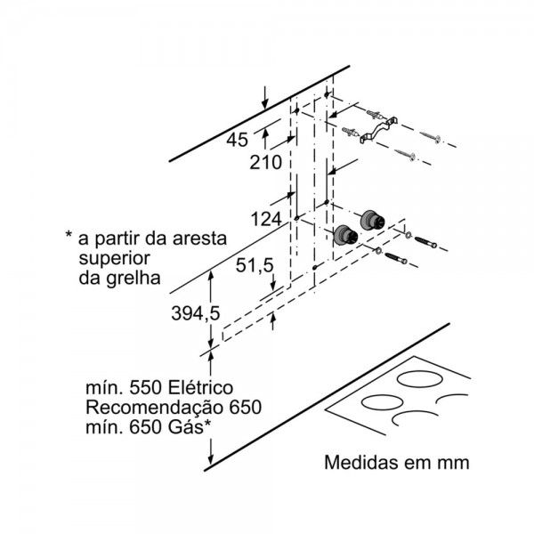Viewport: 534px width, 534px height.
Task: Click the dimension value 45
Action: click(237, 140)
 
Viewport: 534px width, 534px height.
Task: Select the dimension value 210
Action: click(265, 162)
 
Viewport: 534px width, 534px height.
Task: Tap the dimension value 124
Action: click(266, 219)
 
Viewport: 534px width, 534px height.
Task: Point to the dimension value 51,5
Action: click(255, 265)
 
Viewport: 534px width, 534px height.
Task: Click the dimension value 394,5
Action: click(196, 313)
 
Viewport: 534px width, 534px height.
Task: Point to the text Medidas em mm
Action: click(397, 463)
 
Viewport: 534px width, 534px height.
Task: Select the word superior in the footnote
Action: click(114, 259)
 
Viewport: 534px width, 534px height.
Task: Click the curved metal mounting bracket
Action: click(379, 130)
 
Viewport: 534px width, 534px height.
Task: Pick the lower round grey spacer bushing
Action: click(345, 235)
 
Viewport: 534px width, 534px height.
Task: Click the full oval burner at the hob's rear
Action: click(420, 379)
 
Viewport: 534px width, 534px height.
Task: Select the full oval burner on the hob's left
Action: click(380, 402)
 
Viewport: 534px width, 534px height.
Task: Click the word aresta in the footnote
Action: click(199, 239)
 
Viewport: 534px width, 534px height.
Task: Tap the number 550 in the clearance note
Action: click(146, 388)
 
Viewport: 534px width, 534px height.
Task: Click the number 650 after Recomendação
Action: click(246, 408)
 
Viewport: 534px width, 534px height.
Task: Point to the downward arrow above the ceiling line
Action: click(265, 98)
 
